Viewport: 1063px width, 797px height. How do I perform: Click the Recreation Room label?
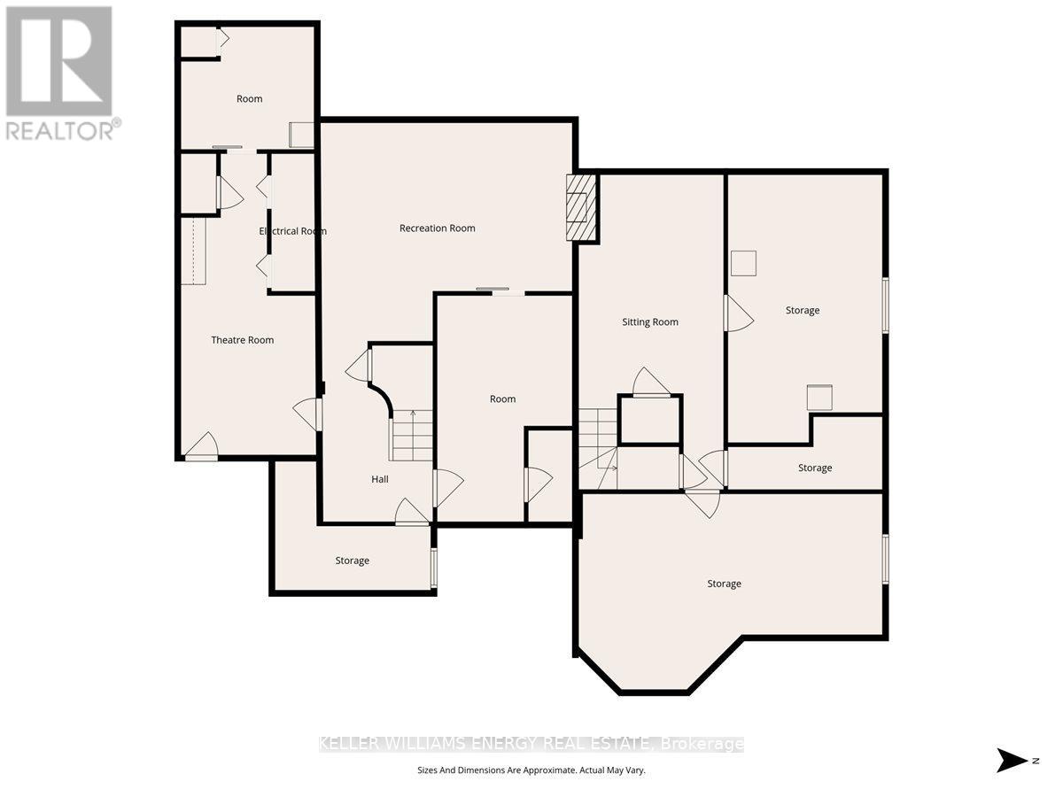click(437, 228)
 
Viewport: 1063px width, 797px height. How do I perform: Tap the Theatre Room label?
click(242, 340)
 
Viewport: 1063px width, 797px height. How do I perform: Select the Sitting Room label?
click(650, 321)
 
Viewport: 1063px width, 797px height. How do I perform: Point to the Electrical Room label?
click(292, 231)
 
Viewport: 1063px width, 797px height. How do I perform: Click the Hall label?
click(380, 479)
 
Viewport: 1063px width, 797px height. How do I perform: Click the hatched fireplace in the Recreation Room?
click(582, 207)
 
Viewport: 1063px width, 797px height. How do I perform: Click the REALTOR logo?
click(61, 74)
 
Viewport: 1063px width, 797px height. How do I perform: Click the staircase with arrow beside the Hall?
click(411, 435)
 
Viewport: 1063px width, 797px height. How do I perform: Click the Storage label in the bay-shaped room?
click(724, 584)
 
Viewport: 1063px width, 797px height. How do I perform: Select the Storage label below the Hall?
click(352, 561)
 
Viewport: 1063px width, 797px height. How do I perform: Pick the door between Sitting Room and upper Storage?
click(739, 313)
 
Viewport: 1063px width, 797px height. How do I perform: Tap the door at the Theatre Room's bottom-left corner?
click(201, 446)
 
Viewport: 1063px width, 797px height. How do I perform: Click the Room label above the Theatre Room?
click(250, 98)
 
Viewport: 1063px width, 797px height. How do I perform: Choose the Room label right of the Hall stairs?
click(502, 398)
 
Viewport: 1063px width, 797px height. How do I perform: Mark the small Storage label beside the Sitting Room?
click(815, 468)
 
